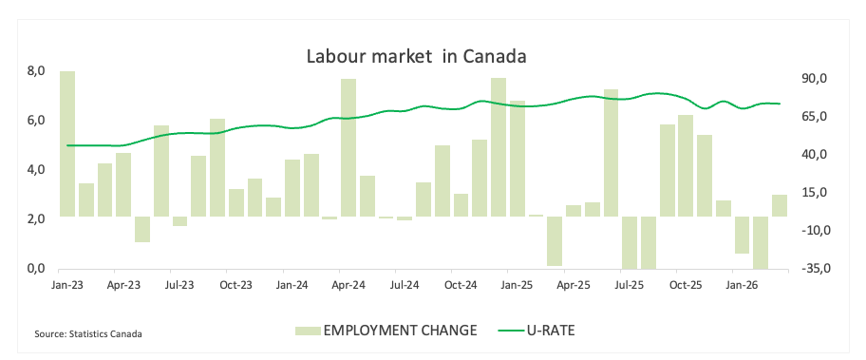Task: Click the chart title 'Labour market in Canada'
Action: pyautogui.click(x=417, y=56)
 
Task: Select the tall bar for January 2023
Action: pyautogui.click(x=67, y=143)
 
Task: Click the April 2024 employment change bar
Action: pyautogui.click(x=348, y=147)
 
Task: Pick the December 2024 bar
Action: pyautogui.click(x=499, y=147)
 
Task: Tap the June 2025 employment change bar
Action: pyautogui.click(x=611, y=152)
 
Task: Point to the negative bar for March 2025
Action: pyautogui.click(x=555, y=241)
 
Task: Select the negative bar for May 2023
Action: pyautogui.click(x=142, y=229)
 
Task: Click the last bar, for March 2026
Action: pyautogui.click(x=780, y=205)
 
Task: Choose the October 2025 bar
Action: pyautogui.click(x=686, y=165)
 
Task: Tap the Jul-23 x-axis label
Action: pyautogui.click(x=179, y=286)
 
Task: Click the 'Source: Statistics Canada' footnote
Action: pyautogui.click(x=87, y=334)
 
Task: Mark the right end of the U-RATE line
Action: pyautogui.click(x=780, y=104)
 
